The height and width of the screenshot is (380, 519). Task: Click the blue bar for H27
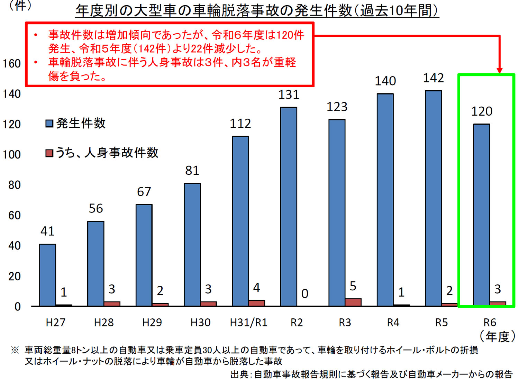point(48,275)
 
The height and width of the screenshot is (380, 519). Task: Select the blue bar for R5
point(434,198)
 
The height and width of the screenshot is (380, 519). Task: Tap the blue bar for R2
point(289,207)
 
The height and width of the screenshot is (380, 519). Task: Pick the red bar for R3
point(353,302)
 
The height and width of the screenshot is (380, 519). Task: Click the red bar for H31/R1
point(257,303)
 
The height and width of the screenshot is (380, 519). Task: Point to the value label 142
point(433,78)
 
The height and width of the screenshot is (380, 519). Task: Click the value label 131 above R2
point(289,95)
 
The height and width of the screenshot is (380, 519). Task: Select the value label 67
point(144,192)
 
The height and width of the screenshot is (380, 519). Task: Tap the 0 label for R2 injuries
point(304,294)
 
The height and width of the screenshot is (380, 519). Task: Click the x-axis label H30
point(200,323)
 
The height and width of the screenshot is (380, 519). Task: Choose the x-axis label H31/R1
point(248,323)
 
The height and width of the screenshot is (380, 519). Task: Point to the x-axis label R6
point(490,323)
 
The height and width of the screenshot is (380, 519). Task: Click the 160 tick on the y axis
point(12,64)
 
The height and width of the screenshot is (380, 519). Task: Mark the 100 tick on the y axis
point(12,154)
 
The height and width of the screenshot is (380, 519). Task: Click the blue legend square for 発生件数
point(49,124)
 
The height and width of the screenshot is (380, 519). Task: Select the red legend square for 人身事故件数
point(49,153)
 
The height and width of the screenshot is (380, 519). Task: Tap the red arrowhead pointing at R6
point(499,70)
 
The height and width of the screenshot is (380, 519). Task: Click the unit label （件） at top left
point(20,6)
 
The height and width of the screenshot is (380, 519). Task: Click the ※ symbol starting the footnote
point(15,350)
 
